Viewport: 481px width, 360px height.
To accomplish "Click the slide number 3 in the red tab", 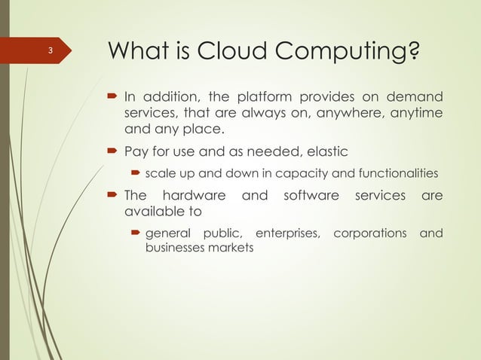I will click(49, 51).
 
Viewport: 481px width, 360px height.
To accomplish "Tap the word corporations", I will click(369, 233).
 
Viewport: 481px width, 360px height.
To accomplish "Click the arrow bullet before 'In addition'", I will click(110, 97).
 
